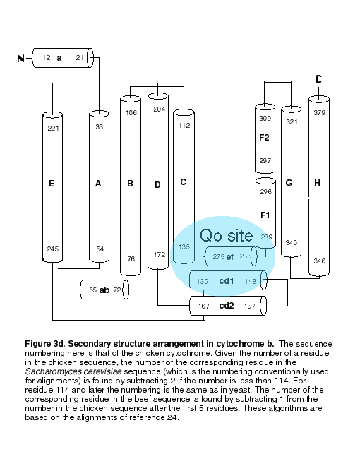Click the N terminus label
(x=20, y=58)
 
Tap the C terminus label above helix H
(x=318, y=79)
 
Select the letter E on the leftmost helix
(x=52, y=184)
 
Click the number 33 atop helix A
(x=100, y=126)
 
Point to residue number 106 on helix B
(x=131, y=113)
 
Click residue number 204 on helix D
(x=160, y=109)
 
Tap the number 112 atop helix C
(x=184, y=125)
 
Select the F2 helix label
(x=264, y=137)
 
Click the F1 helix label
(x=265, y=215)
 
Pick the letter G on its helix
(x=289, y=183)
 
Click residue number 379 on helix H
(x=319, y=113)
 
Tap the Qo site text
(x=227, y=235)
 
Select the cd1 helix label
(x=227, y=281)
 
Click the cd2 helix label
(x=227, y=306)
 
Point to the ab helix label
(x=104, y=290)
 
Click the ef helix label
(x=230, y=257)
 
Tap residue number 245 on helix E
(x=53, y=249)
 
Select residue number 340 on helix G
(x=292, y=243)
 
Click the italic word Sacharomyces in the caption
(x=49, y=371)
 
